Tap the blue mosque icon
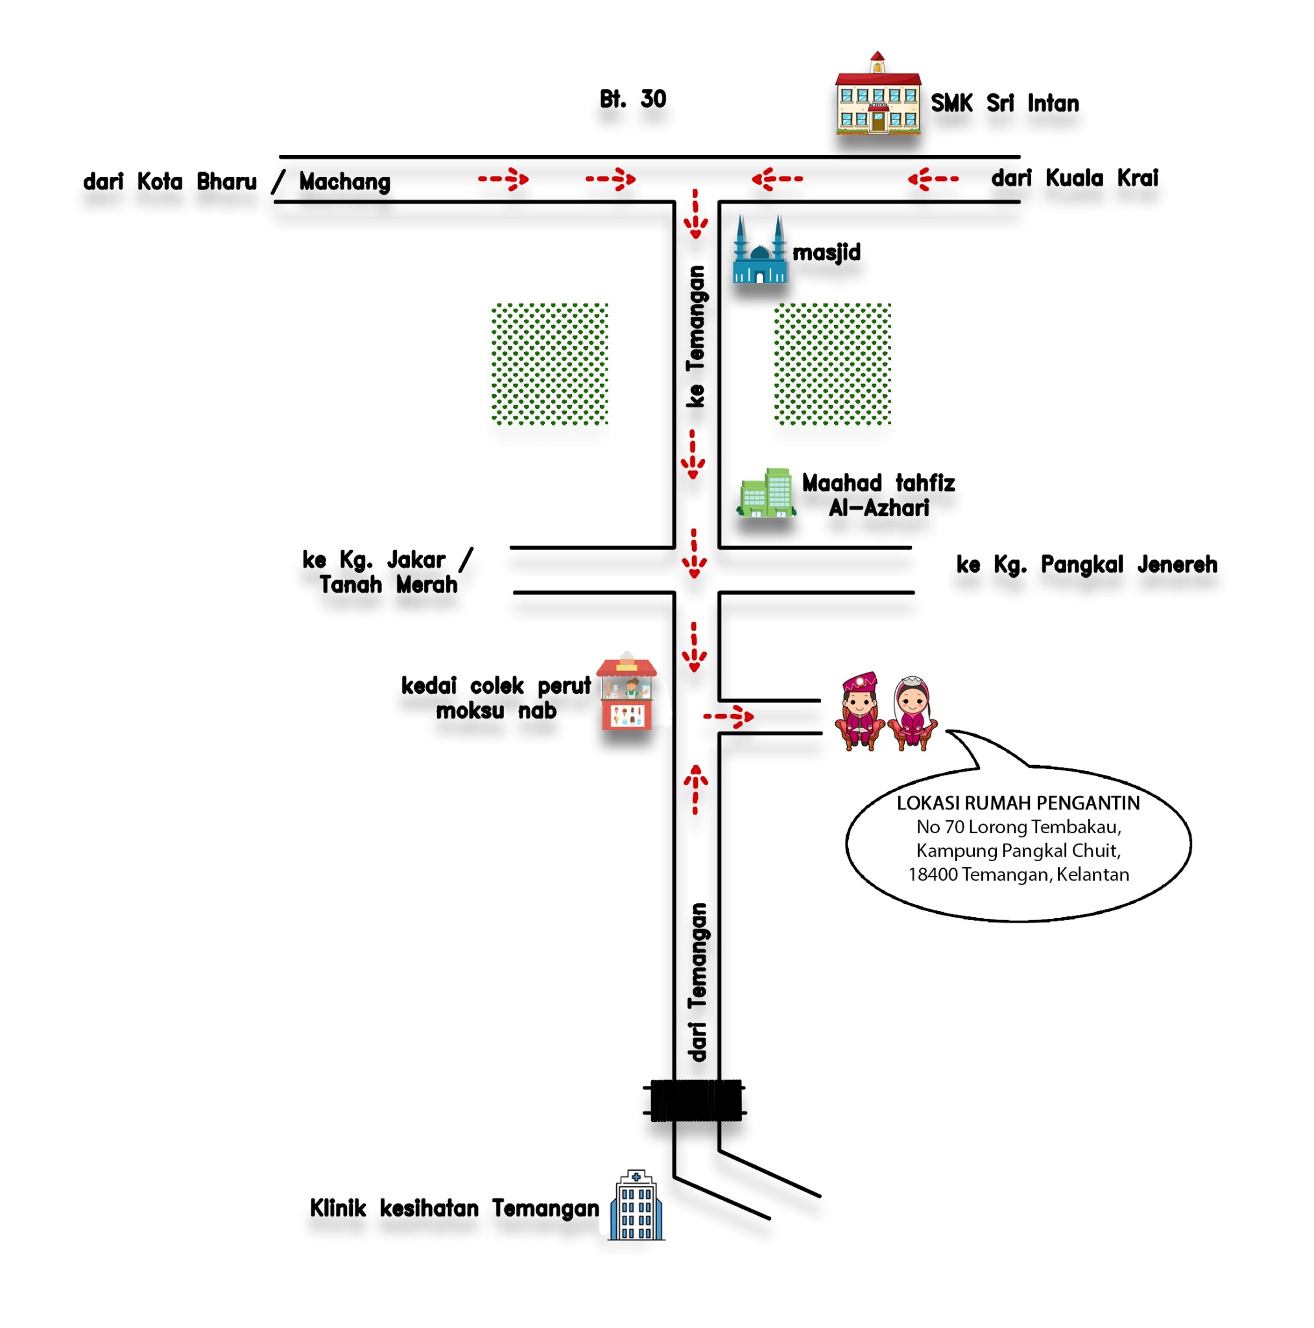(x=759, y=251)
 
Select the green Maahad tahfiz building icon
(x=766, y=494)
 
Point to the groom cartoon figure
(x=859, y=712)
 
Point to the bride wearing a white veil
(x=913, y=713)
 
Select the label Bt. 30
(x=632, y=100)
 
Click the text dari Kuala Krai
(x=1074, y=179)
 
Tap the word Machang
(x=344, y=182)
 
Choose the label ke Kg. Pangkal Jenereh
(x=1086, y=565)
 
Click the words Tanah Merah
(x=388, y=586)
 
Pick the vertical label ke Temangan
(x=696, y=337)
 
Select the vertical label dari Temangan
(x=697, y=983)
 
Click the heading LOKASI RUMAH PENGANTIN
(x=1018, y=803)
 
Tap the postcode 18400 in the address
(x=933, y=875)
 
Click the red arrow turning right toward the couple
(x=728, y=717)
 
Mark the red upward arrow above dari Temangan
(x=695, y=789)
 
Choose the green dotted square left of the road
(x=549, y=364)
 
